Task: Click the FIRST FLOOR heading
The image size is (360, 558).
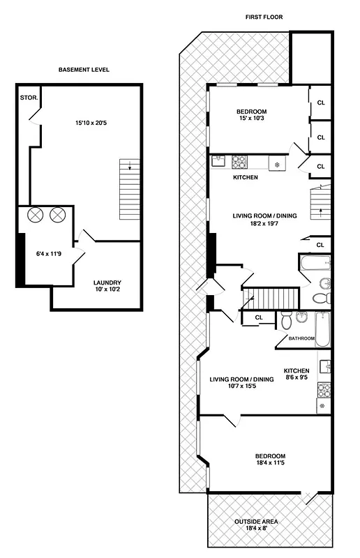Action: click(264, 17)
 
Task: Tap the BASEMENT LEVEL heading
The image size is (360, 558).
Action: click(84, 70)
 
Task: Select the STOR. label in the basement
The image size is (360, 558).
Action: click(29, 98)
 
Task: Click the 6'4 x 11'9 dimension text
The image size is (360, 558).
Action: click(50, 255)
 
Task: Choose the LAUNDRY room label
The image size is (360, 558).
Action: click(107, 282)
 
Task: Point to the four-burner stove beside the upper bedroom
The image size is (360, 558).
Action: click(239, 162)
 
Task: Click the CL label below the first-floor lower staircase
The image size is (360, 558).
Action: click(258, 317)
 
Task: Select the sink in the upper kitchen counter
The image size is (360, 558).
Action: click(217, 161)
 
